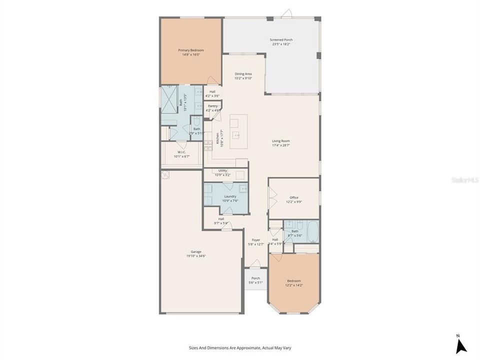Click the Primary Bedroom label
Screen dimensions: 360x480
click(x=191, y=50)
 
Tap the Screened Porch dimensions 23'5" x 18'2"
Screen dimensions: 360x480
click(x=281, y=44)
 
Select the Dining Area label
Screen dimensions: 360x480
click(x=243, y=73)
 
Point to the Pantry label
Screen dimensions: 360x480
click(x=212, y=106)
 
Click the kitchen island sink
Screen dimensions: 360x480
click(x=238, y=135)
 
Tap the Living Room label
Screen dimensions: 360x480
click(x=280, y=141)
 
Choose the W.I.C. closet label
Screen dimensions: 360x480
click(x=181, y=152)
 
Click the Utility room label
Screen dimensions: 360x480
click(x=222, y=170)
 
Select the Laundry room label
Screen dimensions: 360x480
click(x=230, y=196)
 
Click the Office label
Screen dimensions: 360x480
click(x=294, y=197)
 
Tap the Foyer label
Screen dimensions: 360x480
click(x=255, y=240)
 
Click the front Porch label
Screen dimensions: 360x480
click(x=255, y=278)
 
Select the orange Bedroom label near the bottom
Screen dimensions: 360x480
click(x=294, y=281)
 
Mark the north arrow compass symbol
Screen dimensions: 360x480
click(x=461, y=345)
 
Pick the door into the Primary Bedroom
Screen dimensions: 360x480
click(x=212, y=80)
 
